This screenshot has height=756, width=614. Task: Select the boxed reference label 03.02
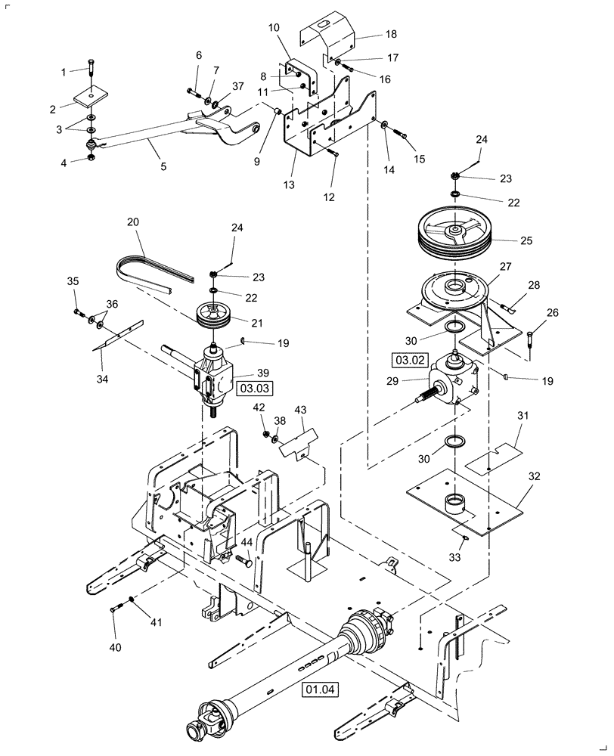click(406, 358)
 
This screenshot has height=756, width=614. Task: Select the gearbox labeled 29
click(452, 378)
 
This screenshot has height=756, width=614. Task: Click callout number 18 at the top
click(391, 35)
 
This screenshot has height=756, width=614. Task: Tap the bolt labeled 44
click(243, 561)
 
